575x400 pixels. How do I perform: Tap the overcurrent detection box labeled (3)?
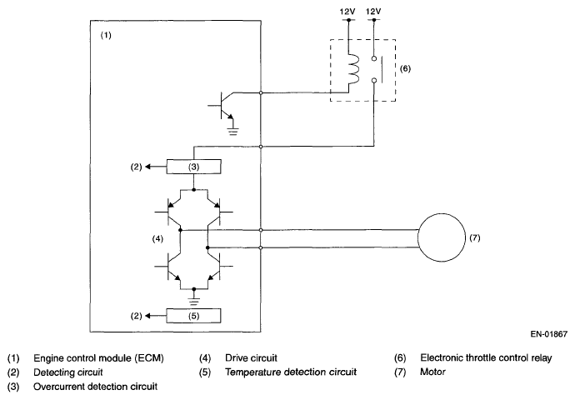[x=194, y=167]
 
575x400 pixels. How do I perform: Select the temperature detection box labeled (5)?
[x=194, y=317]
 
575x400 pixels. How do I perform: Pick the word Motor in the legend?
[x=433, y=372]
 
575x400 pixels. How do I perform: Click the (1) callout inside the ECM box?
[x=105, y=37]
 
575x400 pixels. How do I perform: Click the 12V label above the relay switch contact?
[x=374, y=12]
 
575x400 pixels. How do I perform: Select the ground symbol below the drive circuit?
[x=194, y=293]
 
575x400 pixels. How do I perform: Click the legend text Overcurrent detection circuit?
[x=95, y=387]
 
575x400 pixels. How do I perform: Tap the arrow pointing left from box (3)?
[x=152, y=167]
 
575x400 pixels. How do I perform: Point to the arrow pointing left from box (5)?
[x=152, y=317]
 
